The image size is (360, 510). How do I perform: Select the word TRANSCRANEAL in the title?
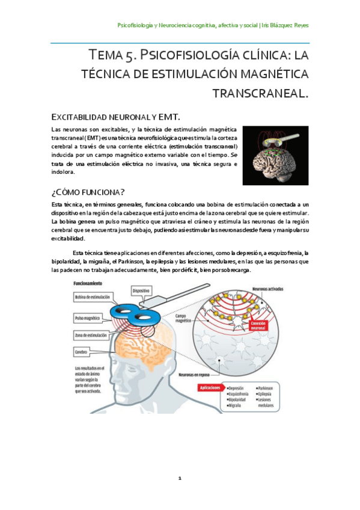[x=261, y=94]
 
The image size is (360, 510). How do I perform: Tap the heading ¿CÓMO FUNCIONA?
[x=88, y=192]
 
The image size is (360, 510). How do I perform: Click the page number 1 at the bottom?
[x=179, y=478]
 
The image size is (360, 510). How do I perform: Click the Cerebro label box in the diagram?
[x=82, y=351]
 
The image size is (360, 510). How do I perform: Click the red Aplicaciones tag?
[x=207, y=387]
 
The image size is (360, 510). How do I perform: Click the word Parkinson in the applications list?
[x=266, y=388]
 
